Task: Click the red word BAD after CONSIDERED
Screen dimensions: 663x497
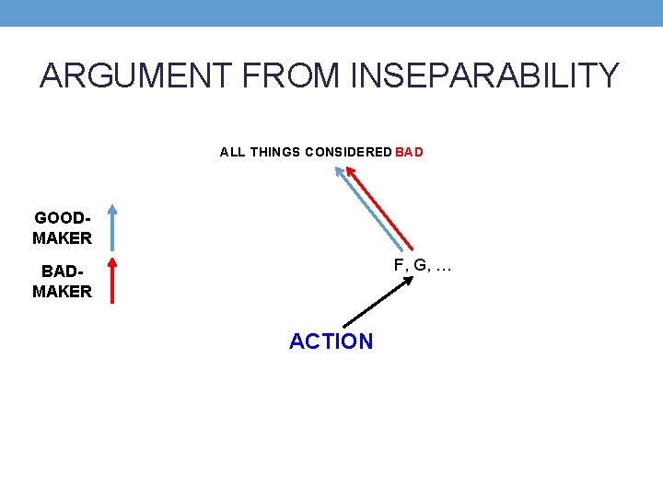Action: point(410,152)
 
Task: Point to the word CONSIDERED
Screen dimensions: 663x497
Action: point(346,152)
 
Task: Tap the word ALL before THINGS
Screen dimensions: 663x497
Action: point(232,152)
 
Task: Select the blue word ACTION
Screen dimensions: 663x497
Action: point(331,341)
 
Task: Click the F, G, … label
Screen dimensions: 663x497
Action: point(423,265)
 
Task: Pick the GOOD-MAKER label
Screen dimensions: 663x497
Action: point(63,228)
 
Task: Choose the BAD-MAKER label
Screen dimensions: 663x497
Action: point(63,282)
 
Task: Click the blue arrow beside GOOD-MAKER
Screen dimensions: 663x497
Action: point(110,228)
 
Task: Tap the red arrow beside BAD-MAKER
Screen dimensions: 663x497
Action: point(110,281)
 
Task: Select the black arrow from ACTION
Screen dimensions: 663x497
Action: point(378,302)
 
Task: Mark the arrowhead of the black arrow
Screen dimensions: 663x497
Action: point(410,280)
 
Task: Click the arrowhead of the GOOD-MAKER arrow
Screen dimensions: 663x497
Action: point(110,209)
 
